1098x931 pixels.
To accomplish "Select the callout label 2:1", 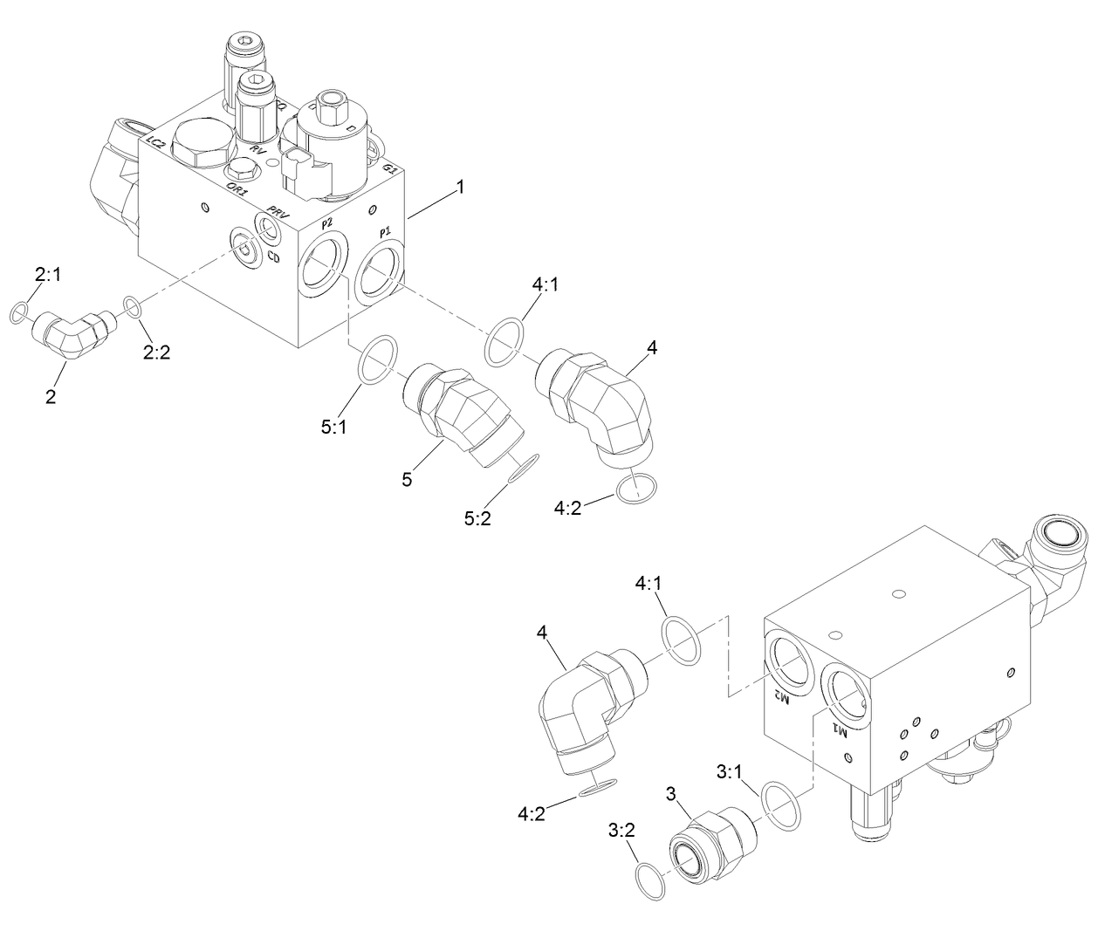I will [47, 276].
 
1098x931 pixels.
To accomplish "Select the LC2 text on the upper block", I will [157, 143].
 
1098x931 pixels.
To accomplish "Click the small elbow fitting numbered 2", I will [72, 332].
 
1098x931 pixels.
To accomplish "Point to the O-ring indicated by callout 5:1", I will [379, 357].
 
